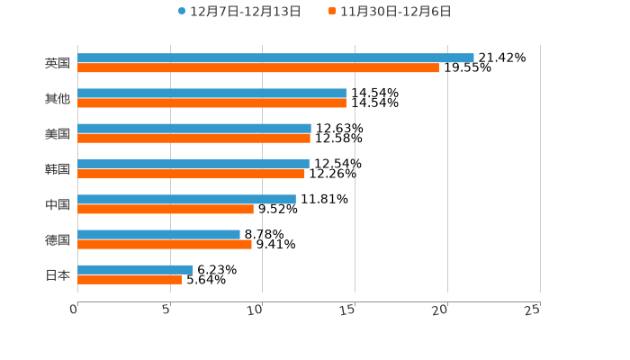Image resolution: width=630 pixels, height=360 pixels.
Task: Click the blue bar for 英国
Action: click(x=275, y=58)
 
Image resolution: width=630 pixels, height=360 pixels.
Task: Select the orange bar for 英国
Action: click(x=258, y=67)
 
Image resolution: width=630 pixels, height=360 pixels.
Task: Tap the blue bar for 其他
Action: click(x=211, y=93)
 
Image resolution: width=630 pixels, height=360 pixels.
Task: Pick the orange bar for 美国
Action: click(x=193, y=138)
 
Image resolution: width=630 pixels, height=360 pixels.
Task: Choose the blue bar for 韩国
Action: click(x=193, y=164)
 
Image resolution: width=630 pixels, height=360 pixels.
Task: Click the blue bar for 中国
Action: click(x=186, y=199)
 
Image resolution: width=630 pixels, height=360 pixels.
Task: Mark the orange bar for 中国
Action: click(x=166, y=209)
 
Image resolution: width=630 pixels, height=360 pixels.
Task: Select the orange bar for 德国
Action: click(x=165, y=244)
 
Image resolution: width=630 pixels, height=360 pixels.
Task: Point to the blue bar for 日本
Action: click(x=135, y=269)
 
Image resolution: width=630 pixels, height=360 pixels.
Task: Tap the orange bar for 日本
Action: click(x=130, y=279)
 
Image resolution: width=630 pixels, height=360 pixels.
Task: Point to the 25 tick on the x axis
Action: click(x=533, y=310)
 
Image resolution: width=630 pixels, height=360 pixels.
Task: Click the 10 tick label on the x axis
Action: click(x=256, y=310)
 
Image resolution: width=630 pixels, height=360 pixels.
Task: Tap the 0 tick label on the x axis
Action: click(x=74, y=310)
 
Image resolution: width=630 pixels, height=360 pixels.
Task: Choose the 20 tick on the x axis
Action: click(x=440, y=310)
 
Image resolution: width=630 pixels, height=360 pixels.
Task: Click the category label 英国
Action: click(x=58, y=63)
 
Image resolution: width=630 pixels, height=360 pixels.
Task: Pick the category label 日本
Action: click(x=58, y=274)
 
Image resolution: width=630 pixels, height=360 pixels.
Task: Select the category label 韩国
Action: click(x=58, y=169)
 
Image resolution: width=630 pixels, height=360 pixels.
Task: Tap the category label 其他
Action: click(x=58, y=98)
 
